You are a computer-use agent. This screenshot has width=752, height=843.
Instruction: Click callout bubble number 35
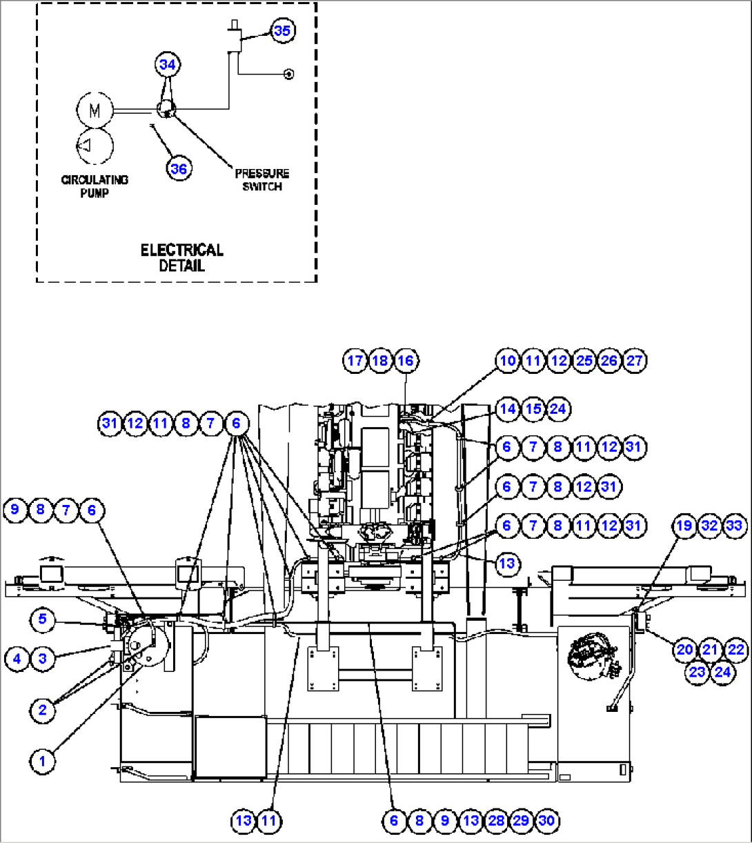coord(282,31)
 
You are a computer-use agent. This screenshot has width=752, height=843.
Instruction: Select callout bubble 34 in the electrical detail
coord(168,65)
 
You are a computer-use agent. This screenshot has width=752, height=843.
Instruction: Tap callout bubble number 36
coord(179,168)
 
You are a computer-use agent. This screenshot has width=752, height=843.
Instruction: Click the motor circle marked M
coord(95,110)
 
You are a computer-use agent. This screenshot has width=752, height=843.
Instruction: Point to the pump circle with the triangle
coord(95,145)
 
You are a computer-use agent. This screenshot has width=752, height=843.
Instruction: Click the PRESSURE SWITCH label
coord(262,180)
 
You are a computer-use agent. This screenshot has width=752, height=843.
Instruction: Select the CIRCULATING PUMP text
coord(95,186)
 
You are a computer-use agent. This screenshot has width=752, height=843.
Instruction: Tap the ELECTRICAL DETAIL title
coord(182,257)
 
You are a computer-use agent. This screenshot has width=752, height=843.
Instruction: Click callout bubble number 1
coord(42,762)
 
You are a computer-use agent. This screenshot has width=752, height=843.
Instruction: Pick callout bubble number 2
coord(42,710)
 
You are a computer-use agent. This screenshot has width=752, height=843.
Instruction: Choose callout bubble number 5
coord(42,619)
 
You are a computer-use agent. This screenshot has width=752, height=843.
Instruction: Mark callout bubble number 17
coord(355,361)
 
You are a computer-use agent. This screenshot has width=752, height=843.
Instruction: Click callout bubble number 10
coord(507,361)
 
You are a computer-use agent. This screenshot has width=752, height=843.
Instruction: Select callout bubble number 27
coord(634,361)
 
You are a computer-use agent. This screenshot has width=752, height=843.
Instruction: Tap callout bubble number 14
coord(507,409)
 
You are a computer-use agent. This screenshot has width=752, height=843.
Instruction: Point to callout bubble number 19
coord(684,526)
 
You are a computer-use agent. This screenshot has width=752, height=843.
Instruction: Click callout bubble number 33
coord(735,526)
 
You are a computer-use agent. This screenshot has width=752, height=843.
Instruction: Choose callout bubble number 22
coord(736,649)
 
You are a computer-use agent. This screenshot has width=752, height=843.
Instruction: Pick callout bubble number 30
coord(546,821)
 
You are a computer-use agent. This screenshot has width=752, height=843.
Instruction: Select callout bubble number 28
coord(495,821)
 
